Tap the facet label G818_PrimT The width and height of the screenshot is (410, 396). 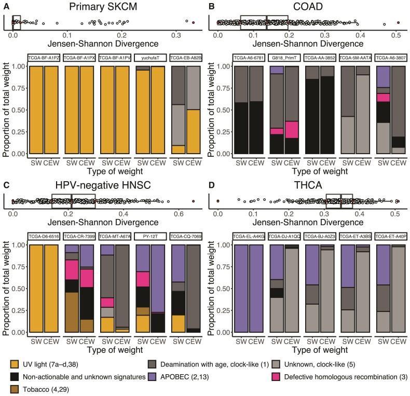tap(284, 57)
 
